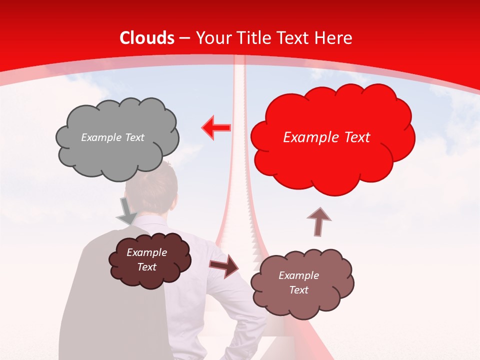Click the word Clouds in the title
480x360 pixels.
pyautogui.click(x=147, y=38)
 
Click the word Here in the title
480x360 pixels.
pyautogui.click(x=334, y=38)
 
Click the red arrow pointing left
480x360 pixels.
pyautogui.click(x=216, y=127)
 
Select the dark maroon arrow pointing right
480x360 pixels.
pyautogui.click(x=224, y=265)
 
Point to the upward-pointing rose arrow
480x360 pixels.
pyautogui.click(x=319, y=221)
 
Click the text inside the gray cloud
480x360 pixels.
pyautogui.click(x=112, y=137)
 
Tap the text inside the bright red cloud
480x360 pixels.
pyautogui.click(x=326, y=137)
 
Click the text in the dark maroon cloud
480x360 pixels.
pyautogui.click(x=146, y=259)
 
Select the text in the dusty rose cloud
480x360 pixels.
pyautogui.click(x=298, y=282)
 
